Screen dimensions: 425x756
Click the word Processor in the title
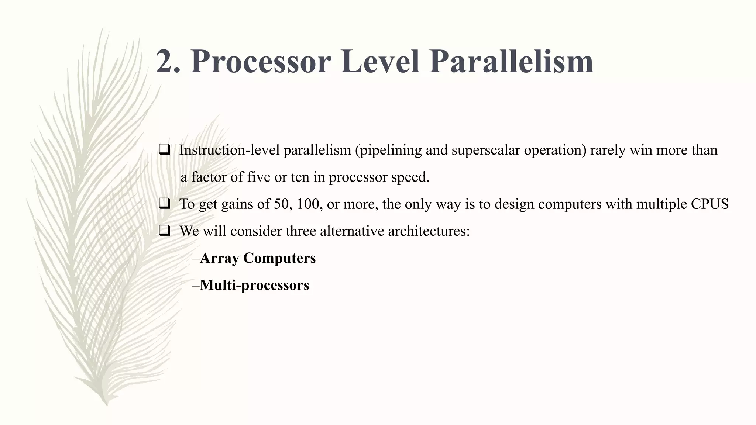(261, 62)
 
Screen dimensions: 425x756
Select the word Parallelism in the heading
(511, 62)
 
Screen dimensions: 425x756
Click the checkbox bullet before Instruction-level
(164, 149)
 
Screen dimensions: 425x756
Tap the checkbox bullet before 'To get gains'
(164, 203)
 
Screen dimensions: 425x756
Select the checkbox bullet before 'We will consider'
(164, 231)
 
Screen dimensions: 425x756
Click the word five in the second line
(259, 177)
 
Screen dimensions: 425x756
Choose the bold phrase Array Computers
(258, 258)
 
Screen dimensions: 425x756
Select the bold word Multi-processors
(254, 285)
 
